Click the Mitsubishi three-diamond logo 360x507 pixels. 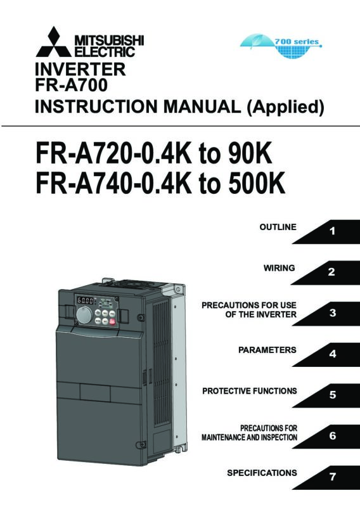(x=53, y=42)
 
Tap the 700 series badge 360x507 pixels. (x=281, y=45)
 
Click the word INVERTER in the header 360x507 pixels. (x=80, y=70)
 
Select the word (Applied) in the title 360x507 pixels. (x=285, y=107)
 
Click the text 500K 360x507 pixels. (x=257, y=183)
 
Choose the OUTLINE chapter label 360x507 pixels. (x=278, y=227)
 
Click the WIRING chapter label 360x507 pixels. (x=279, y=268)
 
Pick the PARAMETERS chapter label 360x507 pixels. (x=267, y=350)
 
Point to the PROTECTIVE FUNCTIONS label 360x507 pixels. (x=249, y=391)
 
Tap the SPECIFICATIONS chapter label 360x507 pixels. (x=262, y=473)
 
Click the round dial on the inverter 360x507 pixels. (x=84, y=315)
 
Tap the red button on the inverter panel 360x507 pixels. (x=113, y=322)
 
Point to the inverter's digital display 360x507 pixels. (x=85, y=300)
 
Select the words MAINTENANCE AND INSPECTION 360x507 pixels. (x=249, y=437)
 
